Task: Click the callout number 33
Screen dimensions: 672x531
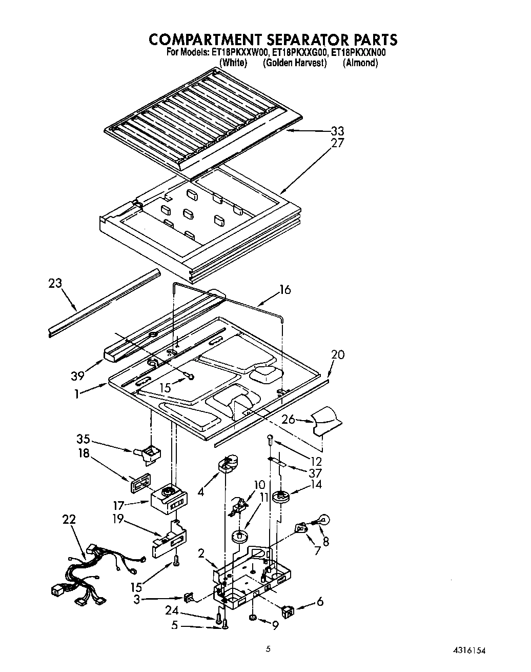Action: (x=337, y=131)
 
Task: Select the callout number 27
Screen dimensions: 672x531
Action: (x=338, y=143)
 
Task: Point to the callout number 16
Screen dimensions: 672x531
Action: (x=285, y=290)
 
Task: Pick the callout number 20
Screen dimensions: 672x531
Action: (x=338, y=354)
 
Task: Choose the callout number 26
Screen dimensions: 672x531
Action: (x=289, y=420)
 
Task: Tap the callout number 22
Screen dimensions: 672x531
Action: (x=69, y=519)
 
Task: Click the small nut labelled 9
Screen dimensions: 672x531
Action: (x=253, y=618)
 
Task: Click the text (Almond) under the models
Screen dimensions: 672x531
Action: (x=360, y=63)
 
